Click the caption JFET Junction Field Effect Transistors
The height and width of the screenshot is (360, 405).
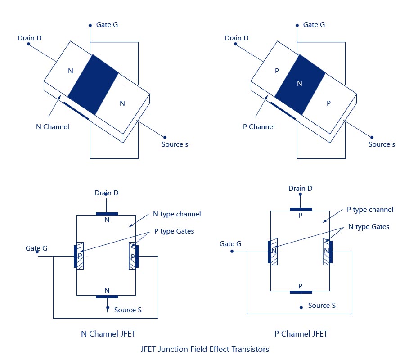coord(205,349)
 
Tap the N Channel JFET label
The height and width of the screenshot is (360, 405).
coord(108,333)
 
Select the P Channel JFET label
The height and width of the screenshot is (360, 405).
coord(301,333)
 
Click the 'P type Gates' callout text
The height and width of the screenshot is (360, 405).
coord(174,231)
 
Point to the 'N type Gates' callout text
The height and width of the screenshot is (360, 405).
coord(369,227)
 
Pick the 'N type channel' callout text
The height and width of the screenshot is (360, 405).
coord(177,214)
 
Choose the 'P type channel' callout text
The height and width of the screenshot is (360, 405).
coord(370,210)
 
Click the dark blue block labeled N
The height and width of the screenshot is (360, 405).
coord(300,84)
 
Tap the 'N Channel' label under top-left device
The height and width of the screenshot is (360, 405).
coord(53,126)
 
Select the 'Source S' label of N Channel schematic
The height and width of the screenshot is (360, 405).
coord(128,310)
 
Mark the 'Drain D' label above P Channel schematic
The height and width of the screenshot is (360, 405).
coord(300,189)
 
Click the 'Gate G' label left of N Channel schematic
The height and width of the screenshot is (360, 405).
coord(36,248)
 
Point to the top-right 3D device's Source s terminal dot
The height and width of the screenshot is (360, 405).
coord(372,137)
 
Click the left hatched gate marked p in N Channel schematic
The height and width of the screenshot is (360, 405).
coord(80,256)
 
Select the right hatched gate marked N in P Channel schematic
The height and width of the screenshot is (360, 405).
coord(326,251)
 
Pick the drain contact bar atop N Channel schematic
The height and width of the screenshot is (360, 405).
coord(107,214)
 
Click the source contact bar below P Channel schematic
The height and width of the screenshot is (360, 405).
coord(301,292)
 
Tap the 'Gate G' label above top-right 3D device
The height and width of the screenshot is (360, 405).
coord(314,24)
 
